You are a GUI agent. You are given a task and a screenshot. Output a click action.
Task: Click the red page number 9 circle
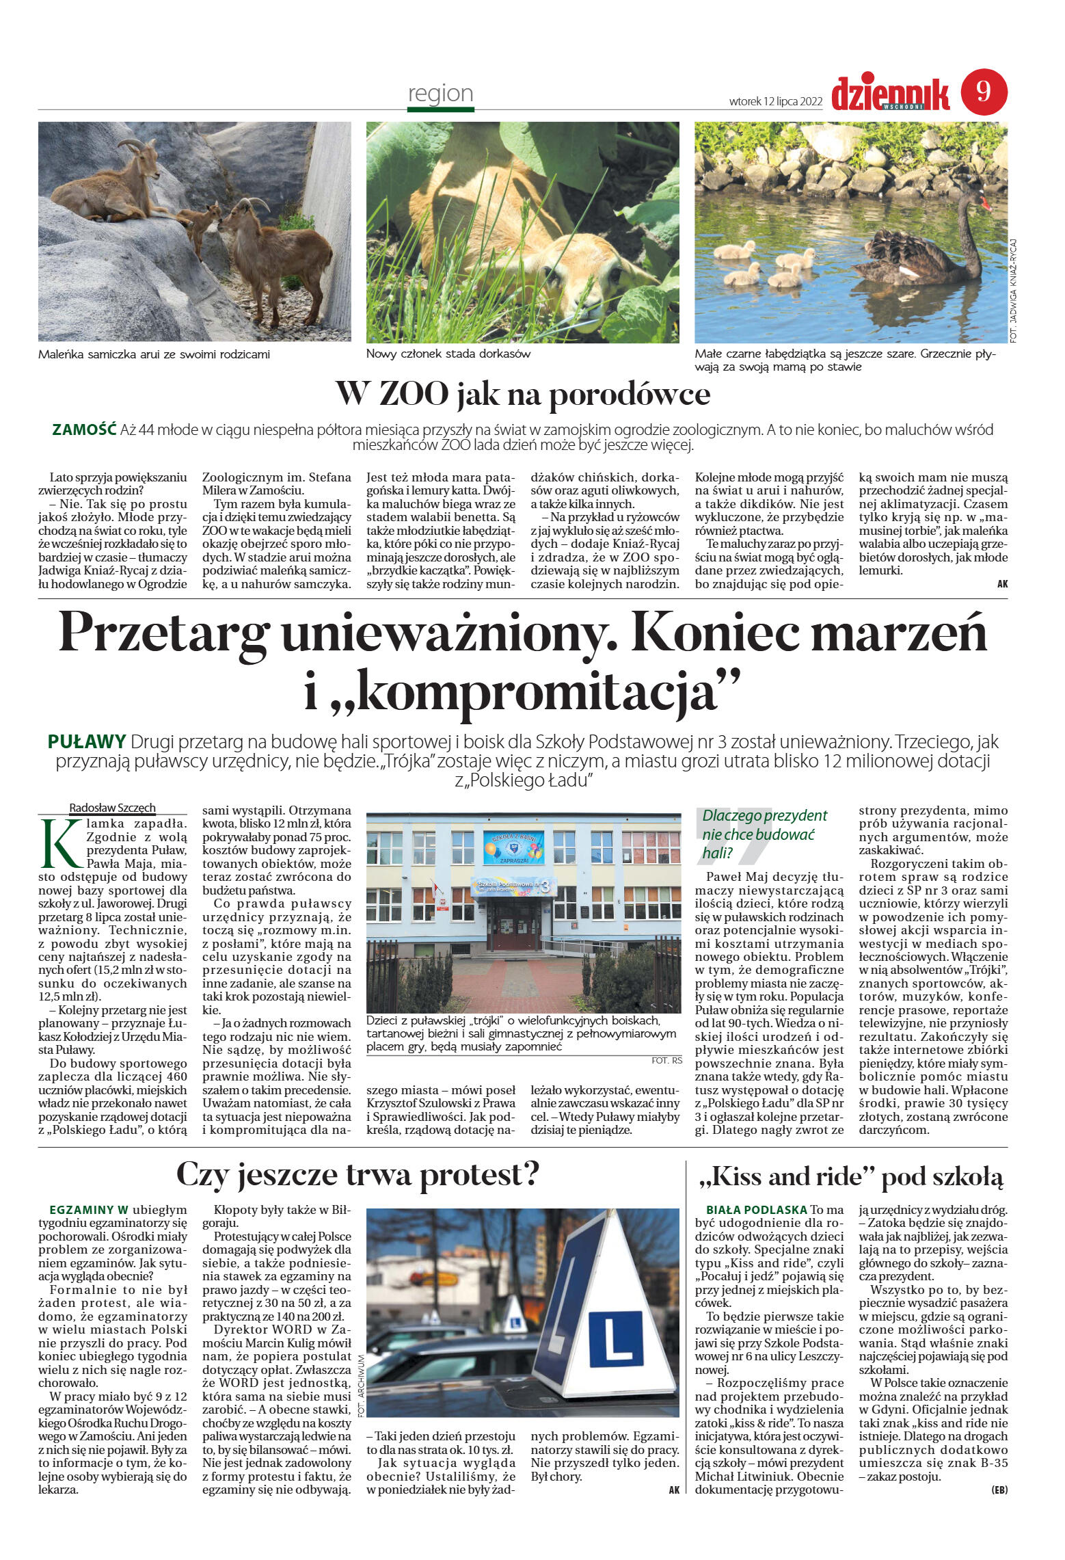pyautogui.click(x=984, y=92)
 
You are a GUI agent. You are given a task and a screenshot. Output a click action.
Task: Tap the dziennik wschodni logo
pyautogui.click(x=890, y=94)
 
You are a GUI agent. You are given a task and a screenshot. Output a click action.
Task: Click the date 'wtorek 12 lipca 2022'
pyautogui.click(x=775, y=101)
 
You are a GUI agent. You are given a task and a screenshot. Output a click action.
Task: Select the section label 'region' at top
pyautogui.click(x=440, y=93)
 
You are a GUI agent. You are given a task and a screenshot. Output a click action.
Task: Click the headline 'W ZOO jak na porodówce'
pyautogui.click(x=523, y=394)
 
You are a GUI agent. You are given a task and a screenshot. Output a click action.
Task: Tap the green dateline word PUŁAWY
pyautogui.click(x=87, y=741)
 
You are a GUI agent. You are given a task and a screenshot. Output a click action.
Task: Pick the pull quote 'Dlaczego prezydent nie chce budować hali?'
pyautogui.click(x=764, y=834)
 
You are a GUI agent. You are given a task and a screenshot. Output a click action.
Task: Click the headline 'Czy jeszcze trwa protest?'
pyautogui.click(x=358, y=1175)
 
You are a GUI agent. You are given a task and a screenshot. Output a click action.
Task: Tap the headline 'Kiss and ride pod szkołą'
pyautogui.click(x=851, y=1177)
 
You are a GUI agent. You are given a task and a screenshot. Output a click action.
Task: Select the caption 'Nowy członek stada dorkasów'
pyautogui.click(x=448, y=354)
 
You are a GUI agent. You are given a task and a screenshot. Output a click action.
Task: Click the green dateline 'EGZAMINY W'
pyautogui.click(x=89, y=1209)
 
